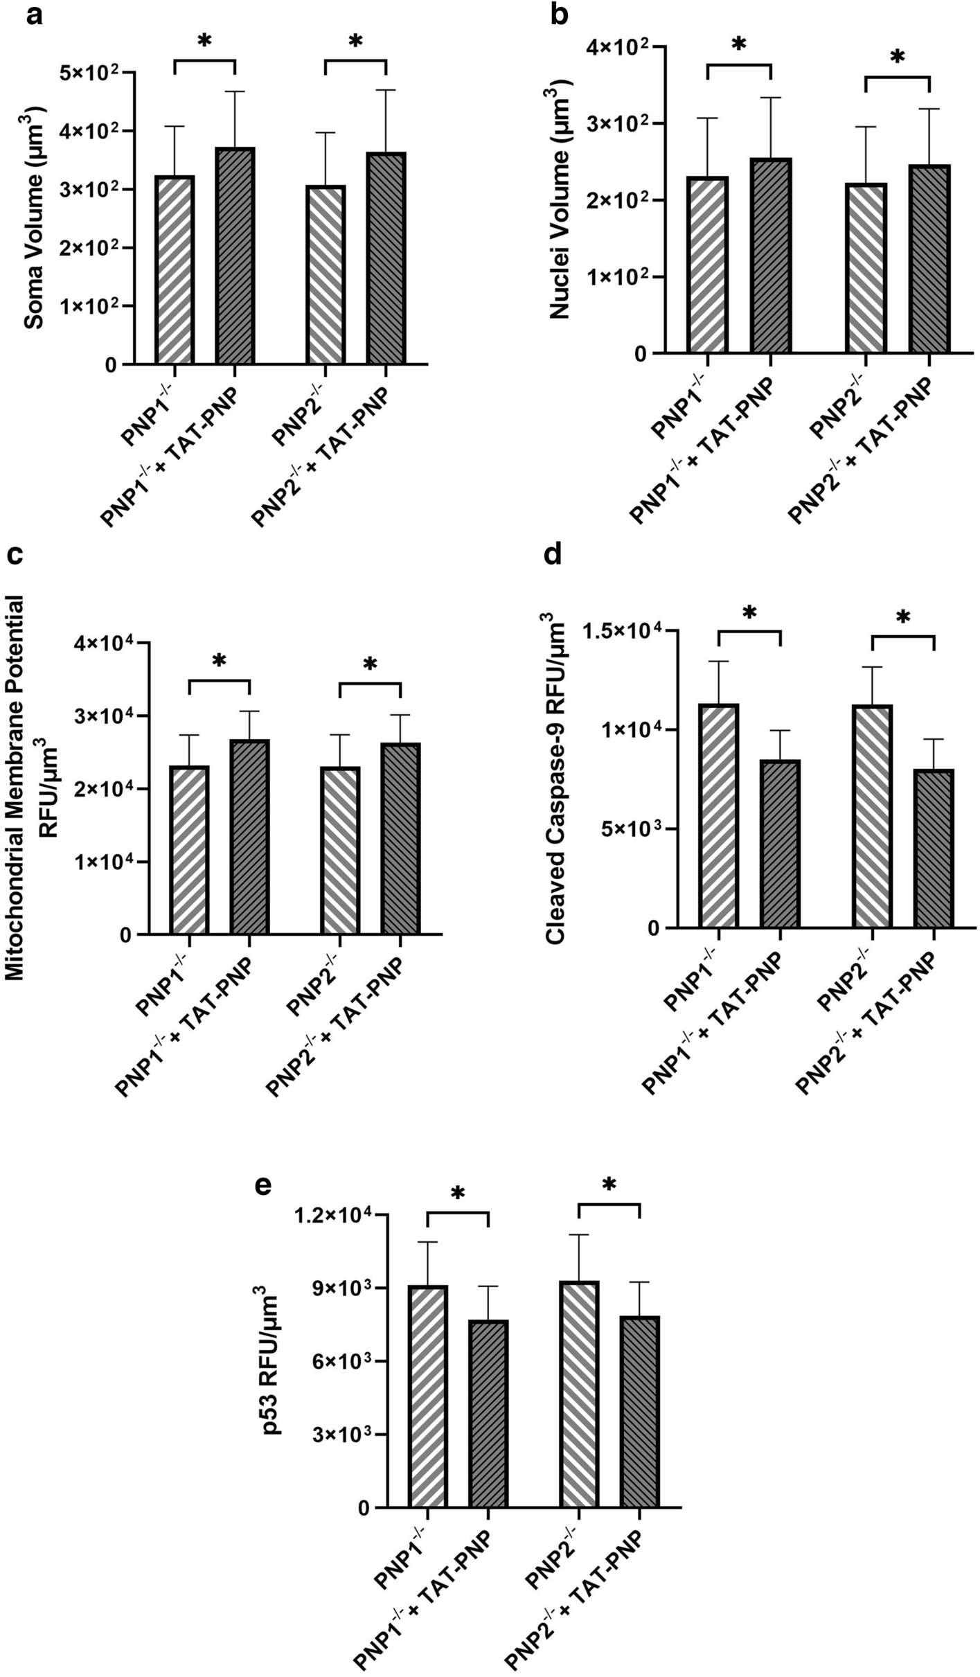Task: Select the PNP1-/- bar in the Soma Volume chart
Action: click(175, 270)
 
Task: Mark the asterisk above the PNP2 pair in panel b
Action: click(897, 57)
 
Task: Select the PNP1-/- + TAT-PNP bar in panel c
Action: click(249, 837)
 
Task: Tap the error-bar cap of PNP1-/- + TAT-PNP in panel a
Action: click(235, 91)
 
